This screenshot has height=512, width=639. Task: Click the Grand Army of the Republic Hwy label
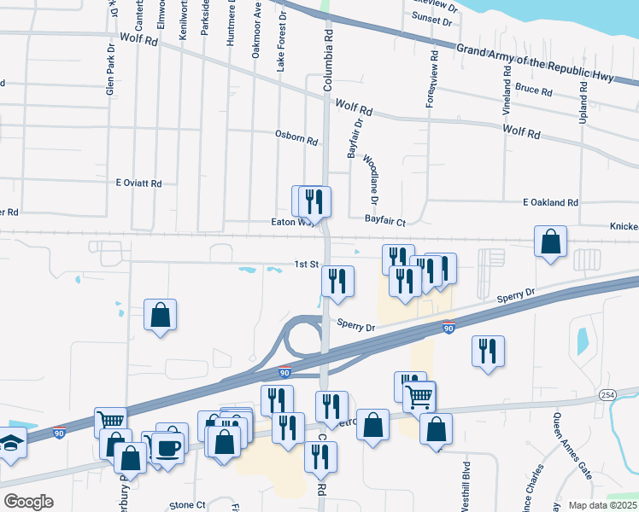tap(535, 62)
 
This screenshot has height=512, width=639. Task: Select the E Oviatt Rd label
tap(138, 183)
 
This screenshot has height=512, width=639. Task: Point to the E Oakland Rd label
tap(551, 202)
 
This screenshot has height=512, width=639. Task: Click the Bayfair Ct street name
tap(384, 220)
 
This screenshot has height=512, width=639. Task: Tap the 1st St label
tap(307, 265)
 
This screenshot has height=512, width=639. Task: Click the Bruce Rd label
tap(534, 90)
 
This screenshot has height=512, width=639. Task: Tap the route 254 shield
tap(607, 395)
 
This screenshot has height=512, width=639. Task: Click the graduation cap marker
tap(9, 444)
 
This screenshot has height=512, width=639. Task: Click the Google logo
tap(28, 502)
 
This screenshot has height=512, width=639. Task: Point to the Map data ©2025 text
tap(602, 505)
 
